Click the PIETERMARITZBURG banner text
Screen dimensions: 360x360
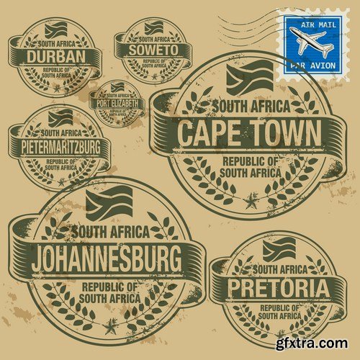click(60, 145)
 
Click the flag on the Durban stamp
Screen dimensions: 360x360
click(55, 31)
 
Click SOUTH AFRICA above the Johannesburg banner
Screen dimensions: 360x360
click(109, 232)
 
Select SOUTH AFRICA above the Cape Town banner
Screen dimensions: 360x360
click(249, 107)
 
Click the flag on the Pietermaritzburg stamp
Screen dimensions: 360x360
click(61, 118)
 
